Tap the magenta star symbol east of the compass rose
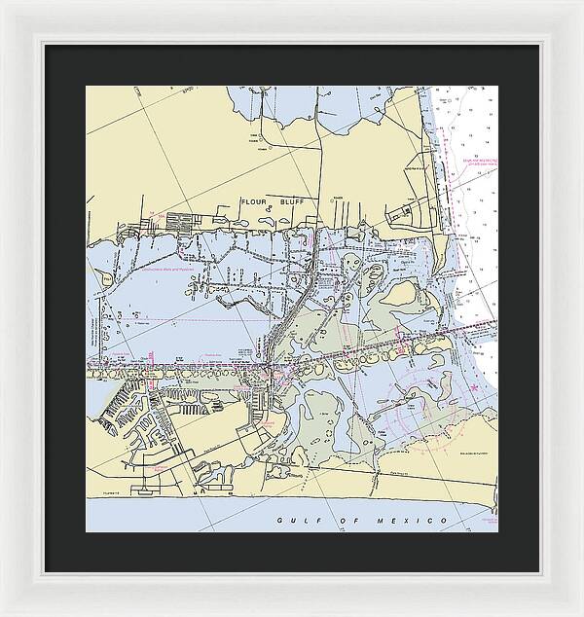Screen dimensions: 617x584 (x=474, y=388)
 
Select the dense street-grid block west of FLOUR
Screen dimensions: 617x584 (x=182, y=223)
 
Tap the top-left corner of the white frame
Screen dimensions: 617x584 (x=2, y=2)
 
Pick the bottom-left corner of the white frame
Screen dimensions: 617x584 (x=2, y=614)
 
